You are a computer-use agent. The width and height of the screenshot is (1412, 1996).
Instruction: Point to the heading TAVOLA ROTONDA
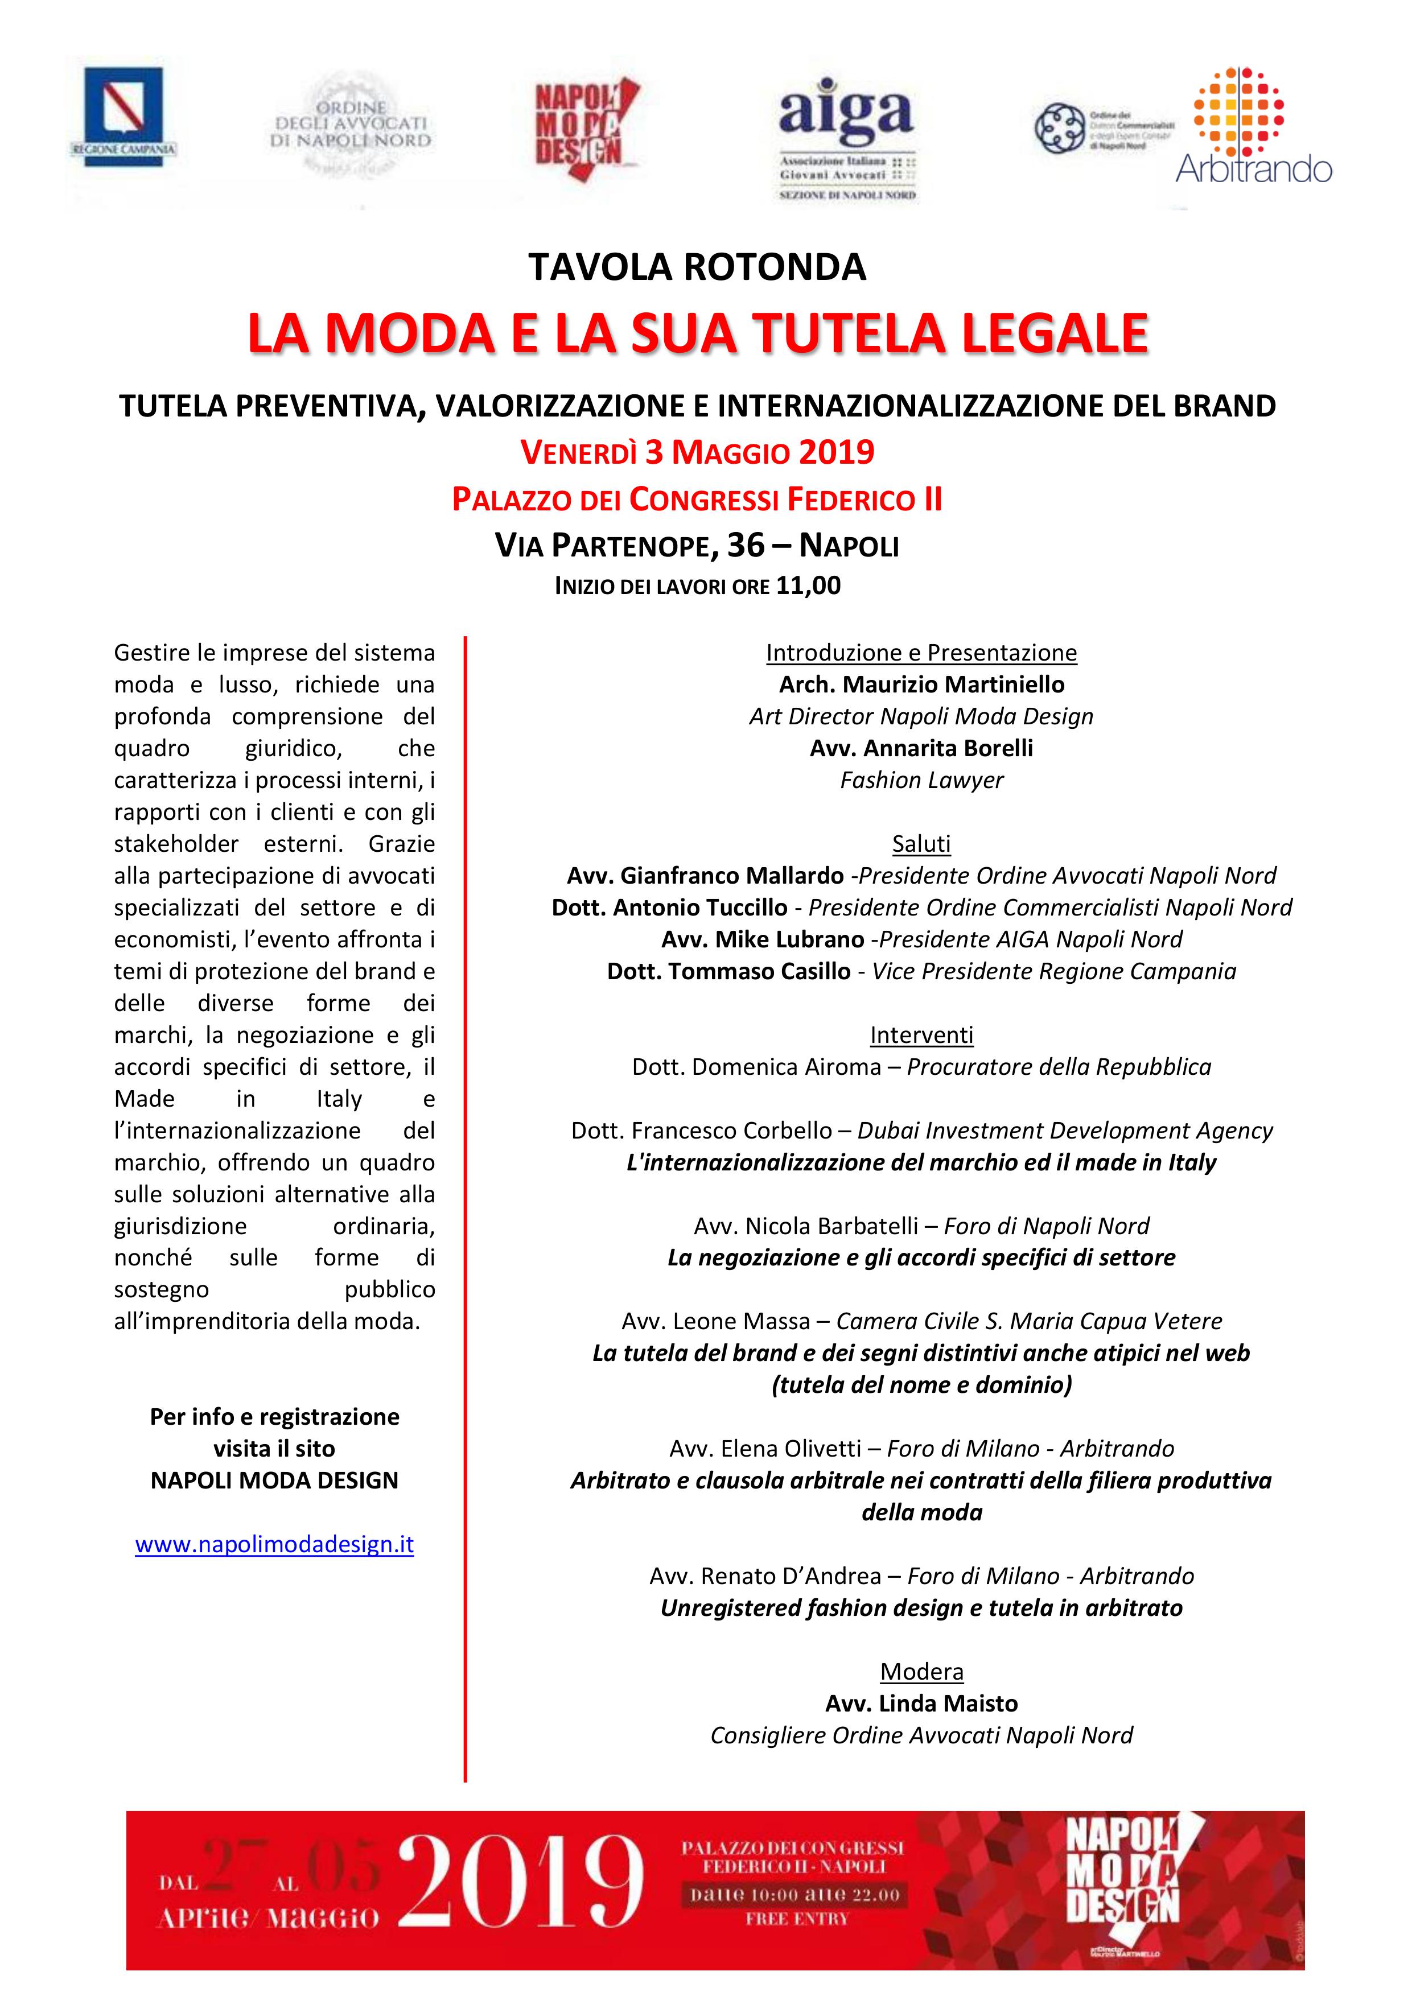(697, 267)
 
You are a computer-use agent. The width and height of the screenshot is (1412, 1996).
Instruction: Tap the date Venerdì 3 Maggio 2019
(697, 452)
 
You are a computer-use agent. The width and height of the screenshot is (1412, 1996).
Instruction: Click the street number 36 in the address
(745, 545)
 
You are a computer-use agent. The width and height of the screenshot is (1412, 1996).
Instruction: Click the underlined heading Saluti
(921, 843)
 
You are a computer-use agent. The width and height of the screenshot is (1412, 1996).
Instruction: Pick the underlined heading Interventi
(921, 1034)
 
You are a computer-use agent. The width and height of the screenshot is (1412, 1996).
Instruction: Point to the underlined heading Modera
(921, 1671)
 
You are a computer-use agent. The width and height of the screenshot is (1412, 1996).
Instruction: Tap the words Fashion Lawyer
(921, 780)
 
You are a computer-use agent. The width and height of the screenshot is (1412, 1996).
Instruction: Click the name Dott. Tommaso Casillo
(728, 971)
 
